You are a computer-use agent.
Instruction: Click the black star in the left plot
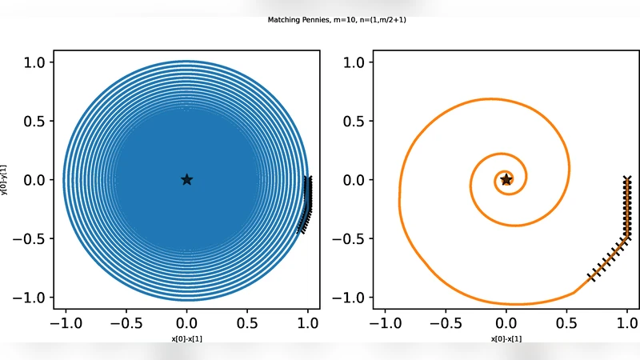click(x=186, y=179)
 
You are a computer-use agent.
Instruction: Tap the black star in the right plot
click(x=506, y=179)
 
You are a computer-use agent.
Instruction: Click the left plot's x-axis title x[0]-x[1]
click(x=186, y=338)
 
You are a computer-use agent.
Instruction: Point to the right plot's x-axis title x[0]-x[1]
click(x=506, y=338)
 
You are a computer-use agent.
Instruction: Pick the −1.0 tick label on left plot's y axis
click(x=33, y=297)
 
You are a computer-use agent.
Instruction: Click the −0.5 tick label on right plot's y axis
click(x=353, y=238)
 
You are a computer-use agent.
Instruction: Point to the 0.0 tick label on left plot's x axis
click(x=186, y=323)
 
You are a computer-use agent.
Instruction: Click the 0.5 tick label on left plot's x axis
click(x=247, y=323)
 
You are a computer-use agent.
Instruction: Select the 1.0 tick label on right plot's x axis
click(x=628, y=323)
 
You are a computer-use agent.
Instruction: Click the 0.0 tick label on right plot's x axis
click(x=506, y=323)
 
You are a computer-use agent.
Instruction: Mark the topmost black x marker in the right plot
click(x=627, y=179)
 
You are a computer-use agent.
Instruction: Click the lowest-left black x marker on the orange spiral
click(x=592, y=277)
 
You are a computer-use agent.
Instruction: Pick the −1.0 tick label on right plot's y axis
click(x=353, y=297)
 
